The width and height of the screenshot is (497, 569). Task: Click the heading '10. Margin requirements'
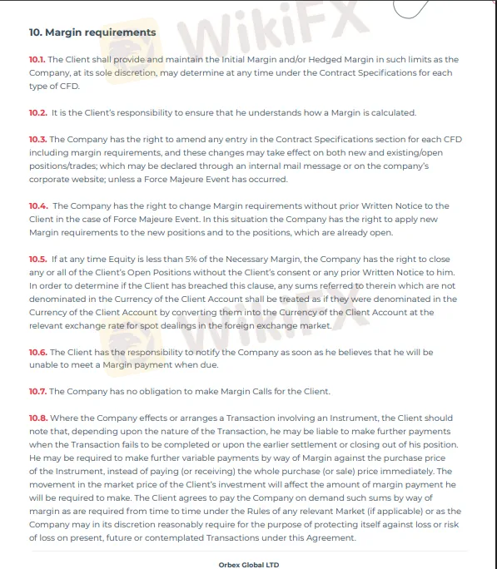pos(92,32)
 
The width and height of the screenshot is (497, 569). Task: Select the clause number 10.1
pos(37,60)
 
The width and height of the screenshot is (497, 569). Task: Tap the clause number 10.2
pos(37,112)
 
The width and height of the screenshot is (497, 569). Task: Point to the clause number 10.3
pos(37,139)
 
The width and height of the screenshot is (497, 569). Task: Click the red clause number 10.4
pos(37,205)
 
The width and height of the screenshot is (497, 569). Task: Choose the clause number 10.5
pos(37,259)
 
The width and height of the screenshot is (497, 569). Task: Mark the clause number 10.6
pos(37,352)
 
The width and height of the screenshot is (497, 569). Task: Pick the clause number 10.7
pos(37,391)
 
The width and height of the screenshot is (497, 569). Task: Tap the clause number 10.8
pos(37,418)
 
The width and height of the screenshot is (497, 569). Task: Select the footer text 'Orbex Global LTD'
pos(249,564)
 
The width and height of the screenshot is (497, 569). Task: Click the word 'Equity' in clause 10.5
pos(124,259)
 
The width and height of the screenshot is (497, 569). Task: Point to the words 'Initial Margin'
pos(223,60)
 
